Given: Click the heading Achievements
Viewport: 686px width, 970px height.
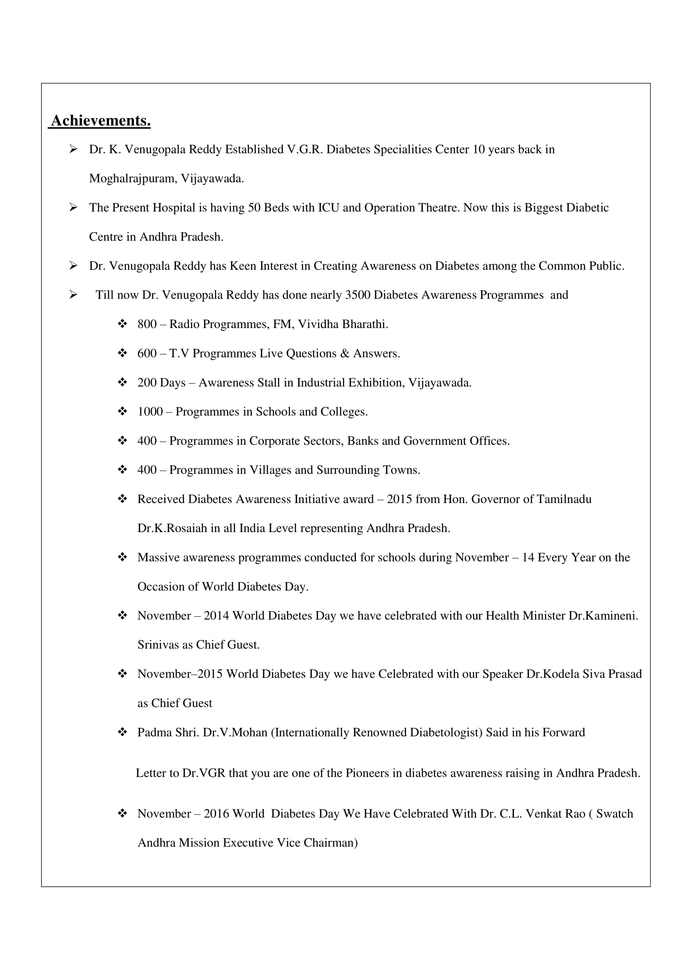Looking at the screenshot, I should pyautogui.click(x=100, y=121).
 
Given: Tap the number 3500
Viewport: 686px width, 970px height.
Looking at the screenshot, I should pyautogui.click(x=358, y=295).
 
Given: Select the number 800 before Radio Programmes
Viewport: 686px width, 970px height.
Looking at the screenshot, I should pyautogui.click(x=147, y=324).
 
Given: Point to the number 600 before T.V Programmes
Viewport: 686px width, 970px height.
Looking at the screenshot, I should pyautogui.click(x=147, y=353).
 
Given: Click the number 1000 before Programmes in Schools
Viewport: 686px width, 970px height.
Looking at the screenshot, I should pyautogui.click(x=150, y=411).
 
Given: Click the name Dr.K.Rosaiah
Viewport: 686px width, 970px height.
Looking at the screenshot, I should pyautogui.click(x=172, y=528).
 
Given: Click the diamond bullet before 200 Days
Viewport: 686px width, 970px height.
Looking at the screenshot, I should pyautogui.click(x=122, y=382).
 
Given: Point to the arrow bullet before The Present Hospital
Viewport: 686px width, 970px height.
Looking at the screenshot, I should pyautogui.click(x=73, y=207).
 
